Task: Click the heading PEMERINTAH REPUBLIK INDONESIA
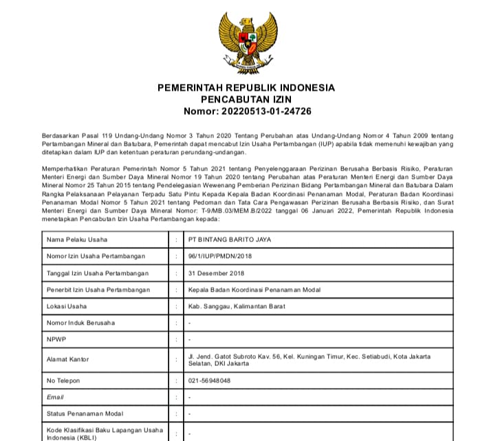coord(246,88)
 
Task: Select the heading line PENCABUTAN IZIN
coord(246,99)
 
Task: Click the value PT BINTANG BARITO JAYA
coord(232,239)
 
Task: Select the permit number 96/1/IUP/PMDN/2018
coord(221,257)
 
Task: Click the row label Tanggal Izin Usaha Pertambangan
coord(97,273)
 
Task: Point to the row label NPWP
coord(56,339)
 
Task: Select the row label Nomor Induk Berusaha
coord(80,323)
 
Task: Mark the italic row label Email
coord(55,397)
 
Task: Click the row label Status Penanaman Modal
coord(85,413)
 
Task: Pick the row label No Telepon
coord(63,380)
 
